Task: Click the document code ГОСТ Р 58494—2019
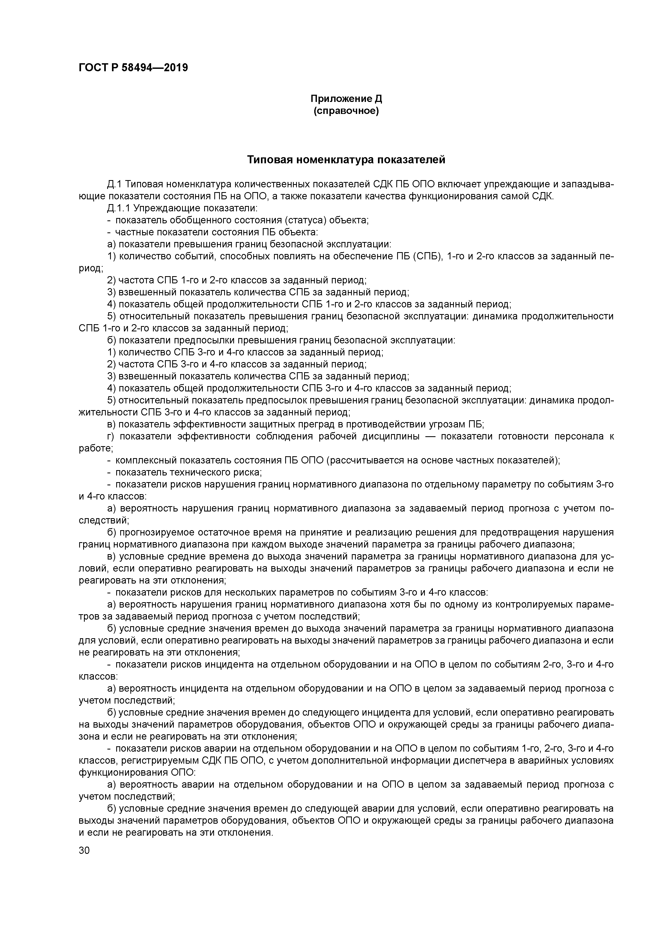pos(133,68)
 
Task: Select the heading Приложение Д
pos(346,99)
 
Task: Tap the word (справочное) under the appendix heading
pos(346,111)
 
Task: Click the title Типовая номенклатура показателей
pos(346,160)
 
